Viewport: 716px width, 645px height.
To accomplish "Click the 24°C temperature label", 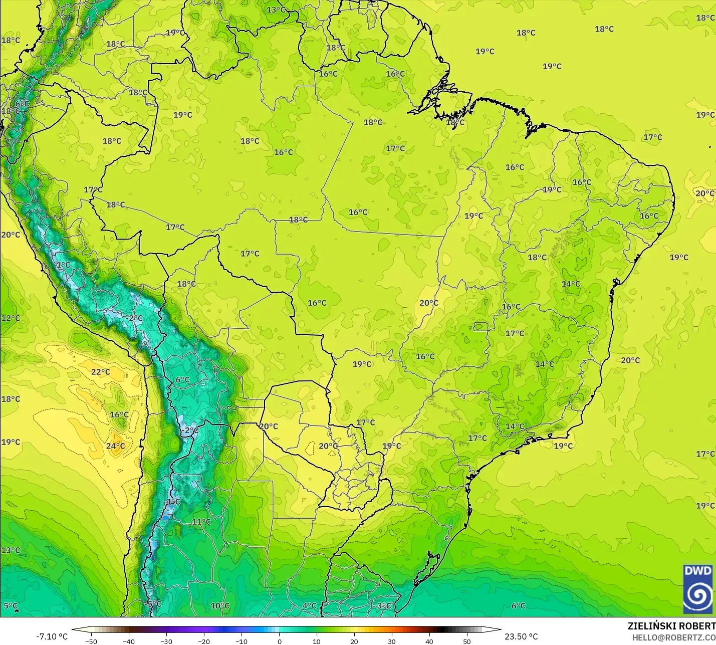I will pyautogui.click(x=115, y=446).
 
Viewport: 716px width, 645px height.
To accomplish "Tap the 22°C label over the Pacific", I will pyautogui.click(x=100, y=372).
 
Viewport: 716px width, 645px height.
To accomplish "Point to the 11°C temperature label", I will pyautogui.click(x=201, y=522).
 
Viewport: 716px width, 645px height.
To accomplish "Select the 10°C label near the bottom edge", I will pyautogui.click(x=219, y=606).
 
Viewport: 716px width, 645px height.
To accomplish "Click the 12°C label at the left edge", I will pyautogui.click(x=11, y=318).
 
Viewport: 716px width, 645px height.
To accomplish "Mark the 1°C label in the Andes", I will pyautogui.click(x=63, y=265).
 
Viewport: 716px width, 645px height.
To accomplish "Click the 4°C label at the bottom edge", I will pyautogui.click(x=309, y=606).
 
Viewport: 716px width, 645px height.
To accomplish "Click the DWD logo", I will pyautogui.click(x=698, y=589).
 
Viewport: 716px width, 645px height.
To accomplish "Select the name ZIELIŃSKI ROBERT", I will pyautogui.click(x=671, y=626).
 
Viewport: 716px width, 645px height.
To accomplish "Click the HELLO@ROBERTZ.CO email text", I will pyautogui.click(x=673, y=637).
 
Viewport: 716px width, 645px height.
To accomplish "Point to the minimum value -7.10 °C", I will pyautogui.click(x=52, y=636).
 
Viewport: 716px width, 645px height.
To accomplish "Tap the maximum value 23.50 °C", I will pyautogui.click(x=521, y=636).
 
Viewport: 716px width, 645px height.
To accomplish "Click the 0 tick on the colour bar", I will pyautogui.click(x=279, y=641).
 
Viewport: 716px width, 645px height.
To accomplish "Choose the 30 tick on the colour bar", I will pyautogui.click(x=392, y=641).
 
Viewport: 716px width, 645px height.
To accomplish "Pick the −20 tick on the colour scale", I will pyautogui.click(x=203, y=641).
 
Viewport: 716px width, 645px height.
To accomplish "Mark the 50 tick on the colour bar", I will pyautogui.click(x=467, y=641).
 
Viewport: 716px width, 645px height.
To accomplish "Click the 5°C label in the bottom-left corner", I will pyautogui.click(x=10, y=606).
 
